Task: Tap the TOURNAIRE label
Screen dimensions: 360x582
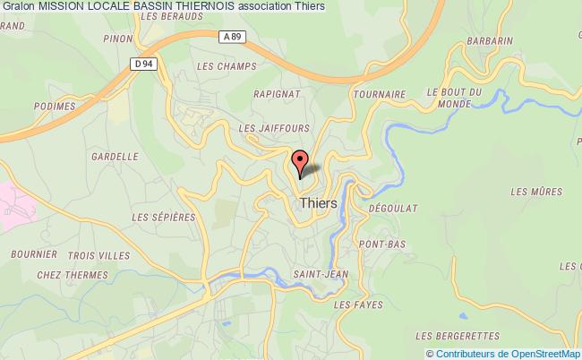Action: click(x=380, y=93)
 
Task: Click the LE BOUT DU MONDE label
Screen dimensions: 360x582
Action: click(x=455, y=98)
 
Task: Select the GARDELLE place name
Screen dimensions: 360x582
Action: click(x=114, y=156)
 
